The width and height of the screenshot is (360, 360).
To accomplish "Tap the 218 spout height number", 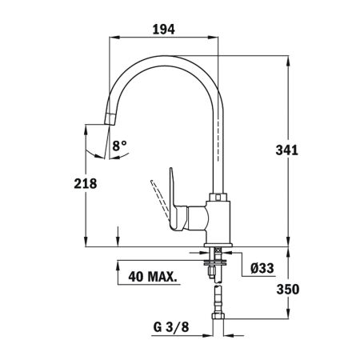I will [x=86, y=183].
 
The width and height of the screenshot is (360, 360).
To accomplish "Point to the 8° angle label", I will [x=119, y=146].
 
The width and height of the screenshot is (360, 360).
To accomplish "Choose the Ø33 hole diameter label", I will [x=262, y=269].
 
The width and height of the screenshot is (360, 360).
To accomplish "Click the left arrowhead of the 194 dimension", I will [x=110, y=38].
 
